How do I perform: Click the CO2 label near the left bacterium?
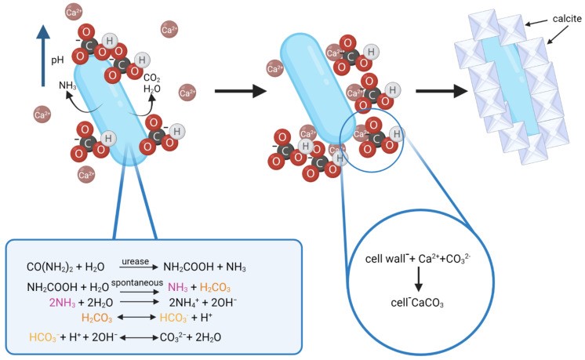[x=152, y=77]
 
